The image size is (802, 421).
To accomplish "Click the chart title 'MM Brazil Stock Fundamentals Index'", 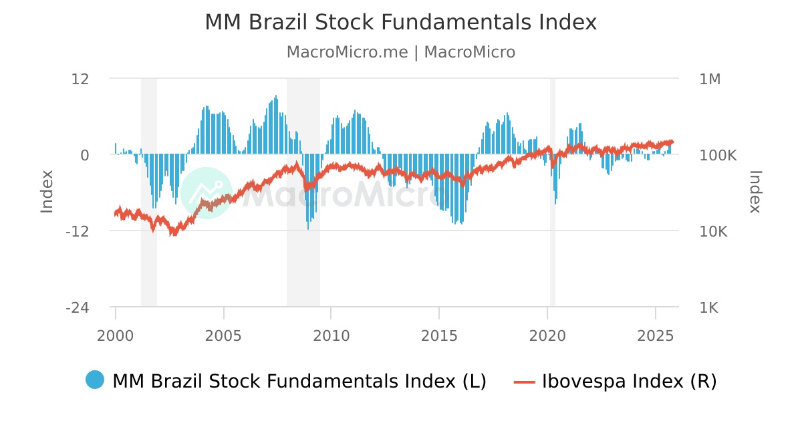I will pos(400,22).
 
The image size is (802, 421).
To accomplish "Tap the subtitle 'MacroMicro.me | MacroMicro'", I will pos(400,52).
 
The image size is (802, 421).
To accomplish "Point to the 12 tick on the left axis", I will pos(80,79).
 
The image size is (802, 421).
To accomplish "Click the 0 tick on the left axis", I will pos(85,155).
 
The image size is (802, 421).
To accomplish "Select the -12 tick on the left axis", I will pos(78,231).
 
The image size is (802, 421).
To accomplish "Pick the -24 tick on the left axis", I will pos(78,307).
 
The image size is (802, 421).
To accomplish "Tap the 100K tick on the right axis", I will pos(718,155).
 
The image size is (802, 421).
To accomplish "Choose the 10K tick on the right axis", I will pos(714,231).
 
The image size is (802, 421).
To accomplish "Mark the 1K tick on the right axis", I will pos(710,307).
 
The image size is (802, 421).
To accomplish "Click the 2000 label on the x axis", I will pos(116,334).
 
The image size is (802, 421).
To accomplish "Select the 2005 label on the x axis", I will pos(223,334).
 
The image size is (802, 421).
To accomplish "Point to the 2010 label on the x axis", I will pos(331,334).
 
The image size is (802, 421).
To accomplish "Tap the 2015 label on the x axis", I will pos(439,334).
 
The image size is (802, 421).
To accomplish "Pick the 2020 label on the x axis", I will pos(547,334).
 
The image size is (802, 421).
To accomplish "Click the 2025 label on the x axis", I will pos(655,334).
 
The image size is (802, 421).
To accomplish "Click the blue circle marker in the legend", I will pos(95,380).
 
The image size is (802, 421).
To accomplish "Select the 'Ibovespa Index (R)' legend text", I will pos(629,381).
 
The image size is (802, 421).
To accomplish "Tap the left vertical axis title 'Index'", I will pos(47,192).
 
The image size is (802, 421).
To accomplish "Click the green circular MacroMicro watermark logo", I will pos(207,193).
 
